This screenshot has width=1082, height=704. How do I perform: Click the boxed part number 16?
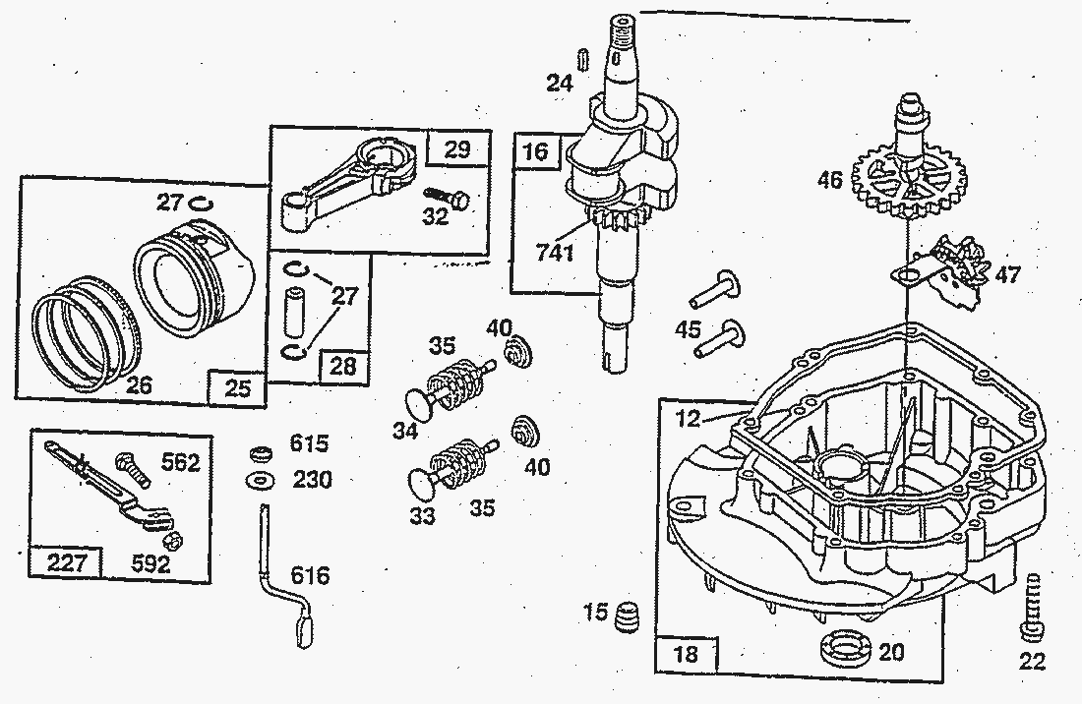click(535, 152)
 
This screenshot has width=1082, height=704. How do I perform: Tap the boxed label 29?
click(456, 150)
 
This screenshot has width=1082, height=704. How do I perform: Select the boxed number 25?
click(237, 386)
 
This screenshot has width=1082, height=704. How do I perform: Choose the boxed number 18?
click(687, 653)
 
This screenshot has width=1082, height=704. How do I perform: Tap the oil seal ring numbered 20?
click(847, 649)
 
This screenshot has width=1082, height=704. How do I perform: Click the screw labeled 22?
click(1030, 605)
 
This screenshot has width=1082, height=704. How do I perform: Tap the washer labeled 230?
click(262, 481)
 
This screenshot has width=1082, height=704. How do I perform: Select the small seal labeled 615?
click(261, 454)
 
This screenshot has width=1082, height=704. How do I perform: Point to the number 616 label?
click(310, 575)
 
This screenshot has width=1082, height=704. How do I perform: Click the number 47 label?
click(1006, 274)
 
